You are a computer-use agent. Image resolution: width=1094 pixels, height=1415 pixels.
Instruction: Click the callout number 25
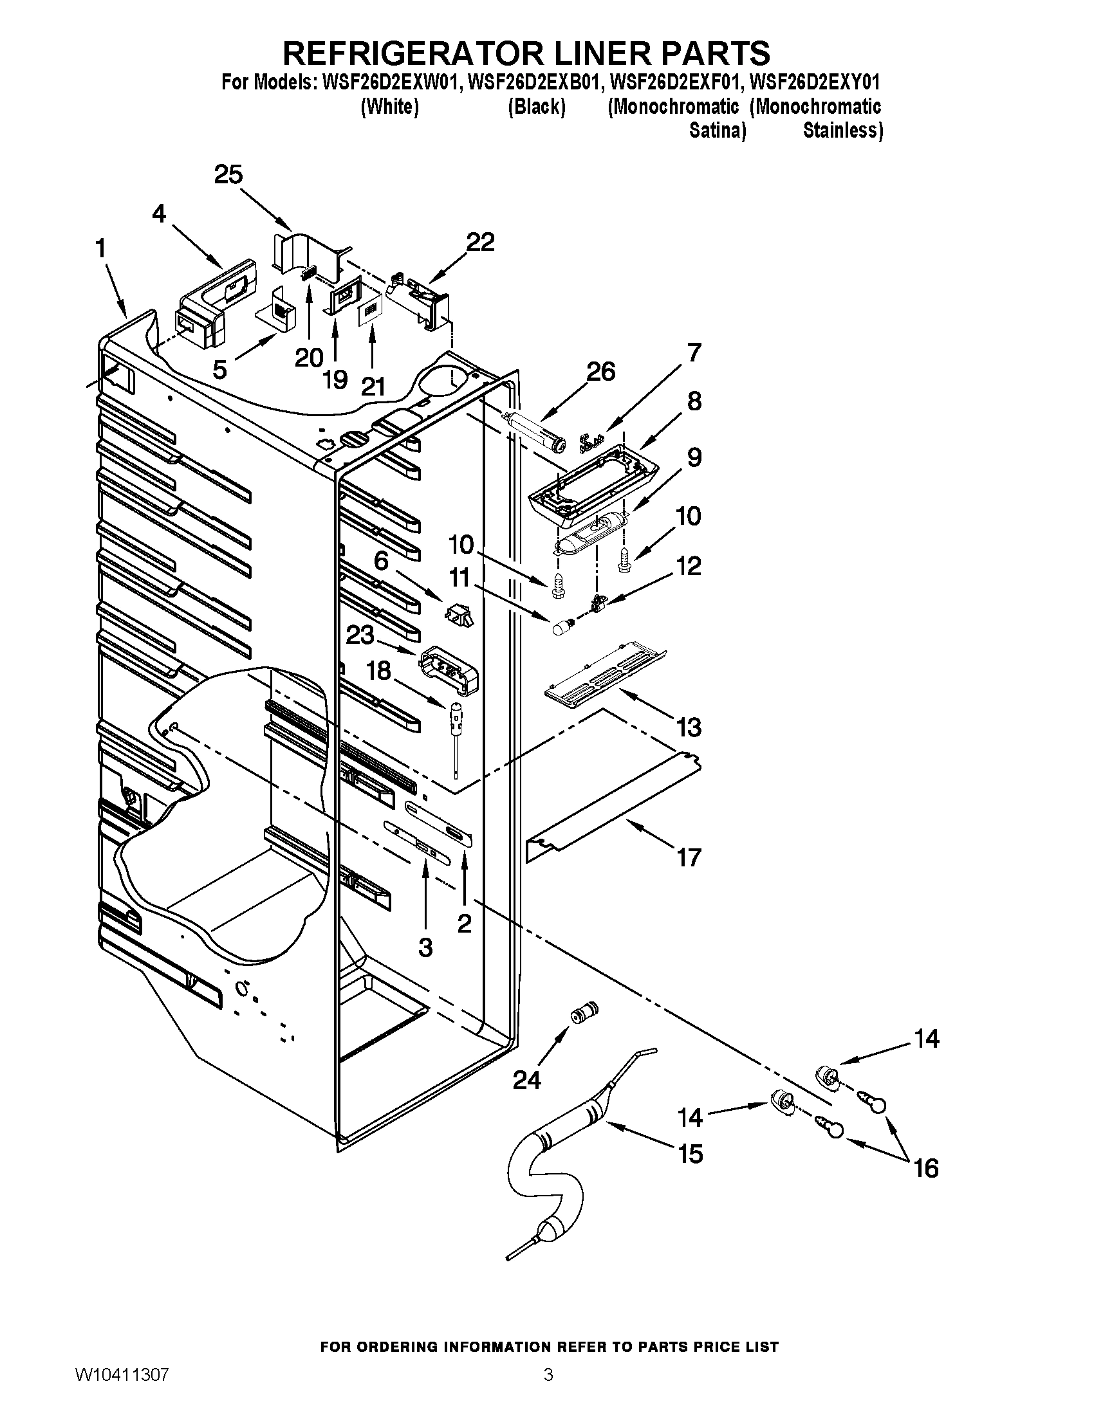pos(228,174)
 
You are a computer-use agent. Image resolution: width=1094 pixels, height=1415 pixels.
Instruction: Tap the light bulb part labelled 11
pos(561,627)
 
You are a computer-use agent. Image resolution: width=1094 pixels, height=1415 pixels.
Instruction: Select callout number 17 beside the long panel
pos(689,857)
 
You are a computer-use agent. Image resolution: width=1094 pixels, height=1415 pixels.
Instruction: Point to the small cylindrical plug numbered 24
pos(583,1012)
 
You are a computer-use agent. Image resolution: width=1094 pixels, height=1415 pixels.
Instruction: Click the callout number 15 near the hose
pos(691,1153)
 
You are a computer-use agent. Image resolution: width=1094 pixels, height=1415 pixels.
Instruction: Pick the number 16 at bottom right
pos(926,1167)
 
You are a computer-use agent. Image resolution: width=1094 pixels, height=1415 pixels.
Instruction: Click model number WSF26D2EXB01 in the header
pos(530,82)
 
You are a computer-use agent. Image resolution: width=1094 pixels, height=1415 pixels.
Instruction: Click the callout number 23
pos(360,635)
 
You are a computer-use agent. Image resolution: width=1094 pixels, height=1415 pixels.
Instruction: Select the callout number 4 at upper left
pos(159,213)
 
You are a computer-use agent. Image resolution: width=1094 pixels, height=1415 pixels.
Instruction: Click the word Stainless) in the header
pos(842,130)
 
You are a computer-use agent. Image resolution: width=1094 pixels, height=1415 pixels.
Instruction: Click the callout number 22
pos(480,242)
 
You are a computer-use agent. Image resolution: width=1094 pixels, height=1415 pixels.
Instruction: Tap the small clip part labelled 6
pos(459,614)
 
